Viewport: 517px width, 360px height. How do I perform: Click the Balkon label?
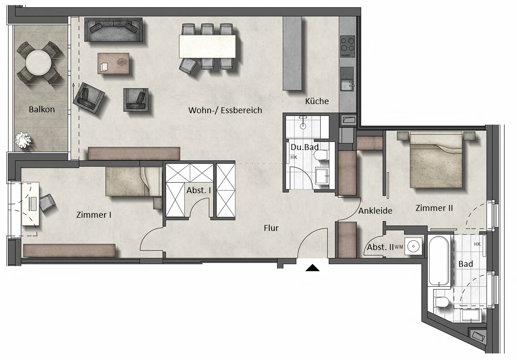[41, 109]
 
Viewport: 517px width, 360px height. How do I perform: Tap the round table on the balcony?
[39, 63]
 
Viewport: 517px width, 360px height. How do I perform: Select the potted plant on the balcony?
[23, 140]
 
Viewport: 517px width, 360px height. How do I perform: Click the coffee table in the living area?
[113, 63]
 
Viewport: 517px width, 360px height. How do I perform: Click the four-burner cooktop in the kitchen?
[347, 46]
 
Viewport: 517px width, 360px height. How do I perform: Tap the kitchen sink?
[347, 85]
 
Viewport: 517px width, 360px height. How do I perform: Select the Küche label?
[317, 101]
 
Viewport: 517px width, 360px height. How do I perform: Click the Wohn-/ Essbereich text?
[225, 110]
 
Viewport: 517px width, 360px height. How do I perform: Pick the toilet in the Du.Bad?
[320, 155]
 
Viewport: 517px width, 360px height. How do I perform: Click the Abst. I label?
[199, 190]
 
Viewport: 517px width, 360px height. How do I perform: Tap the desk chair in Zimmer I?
[47, 202]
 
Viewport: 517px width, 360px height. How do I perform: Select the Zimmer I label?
[94, 215]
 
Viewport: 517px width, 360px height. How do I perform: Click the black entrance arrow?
[312, 268]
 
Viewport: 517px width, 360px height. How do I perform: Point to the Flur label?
[271, 228]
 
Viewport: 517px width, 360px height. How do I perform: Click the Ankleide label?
[375, 210]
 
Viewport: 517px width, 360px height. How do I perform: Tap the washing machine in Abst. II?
[413, 246]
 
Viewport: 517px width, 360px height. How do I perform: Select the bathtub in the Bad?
[438, 261]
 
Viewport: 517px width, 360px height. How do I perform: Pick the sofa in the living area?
[113, 30]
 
